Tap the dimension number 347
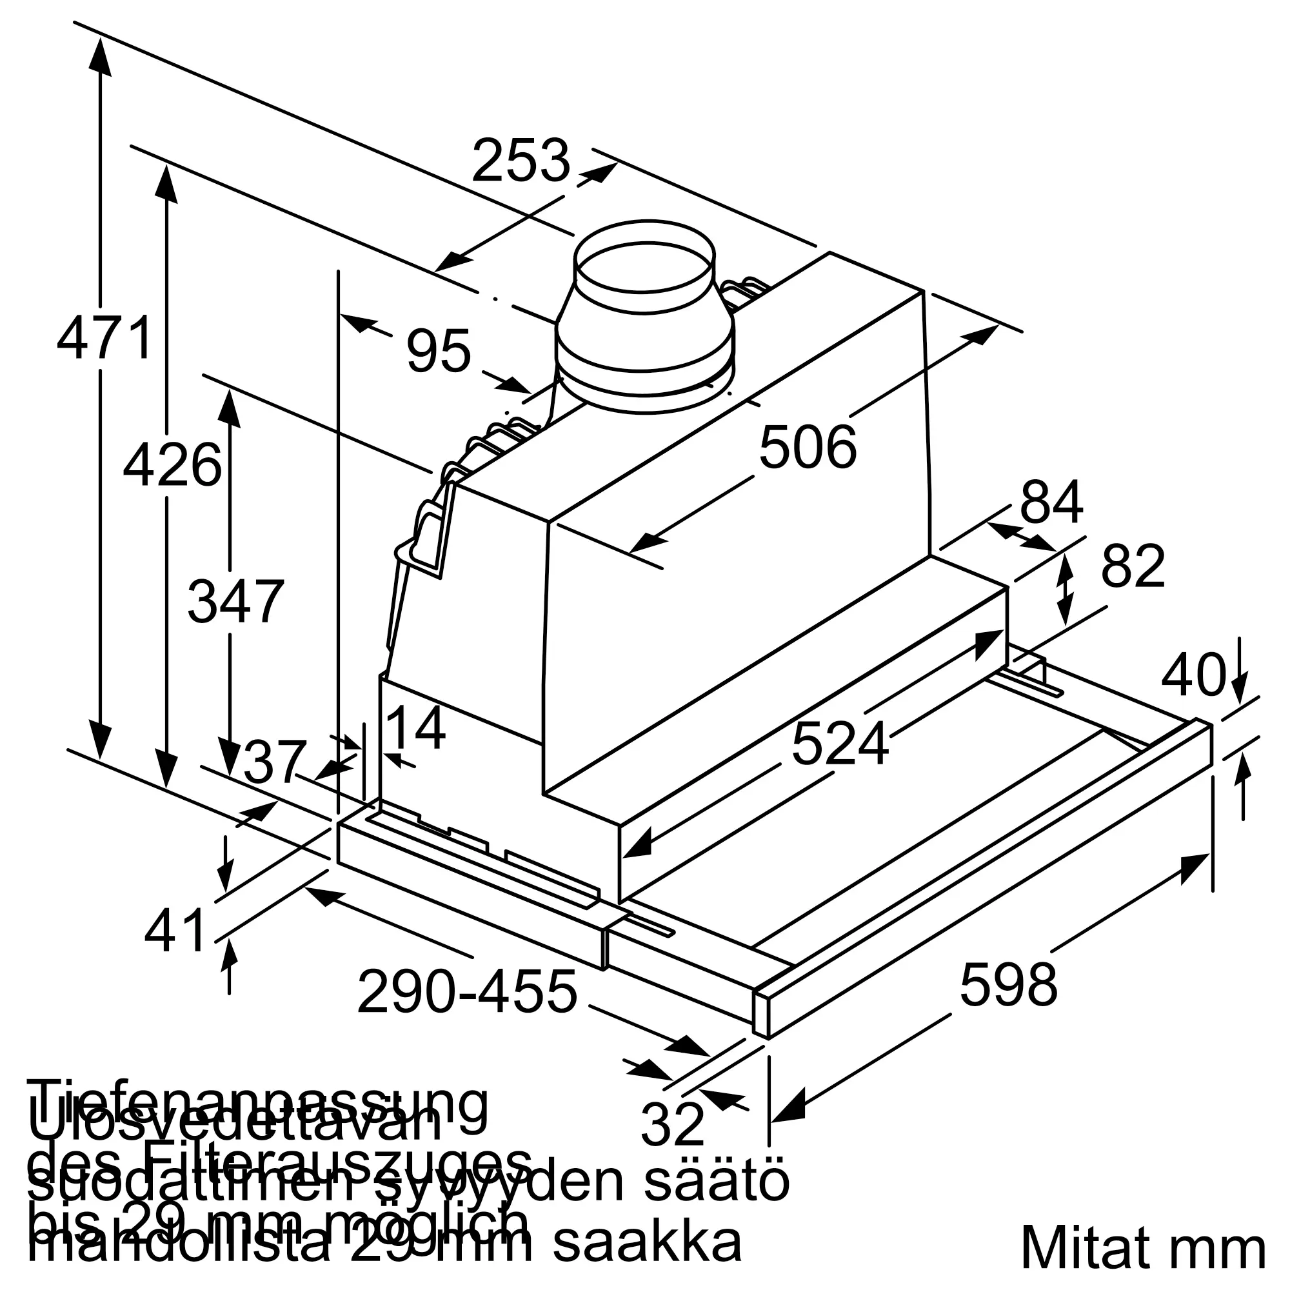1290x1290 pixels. click(x=235, y=602)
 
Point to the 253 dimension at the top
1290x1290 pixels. click(x=521, y=160)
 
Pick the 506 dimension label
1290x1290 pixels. click(x=808, y=448)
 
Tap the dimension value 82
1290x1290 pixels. click(x=1133, y=566)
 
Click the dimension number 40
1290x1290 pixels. click(x=1193, y=676)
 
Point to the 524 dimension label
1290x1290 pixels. click(x=840, y=744)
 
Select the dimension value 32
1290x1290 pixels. click(x=671, y=1124)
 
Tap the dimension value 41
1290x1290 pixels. click(x=175, y=931)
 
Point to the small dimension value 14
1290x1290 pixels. click(x=416, y=728)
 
